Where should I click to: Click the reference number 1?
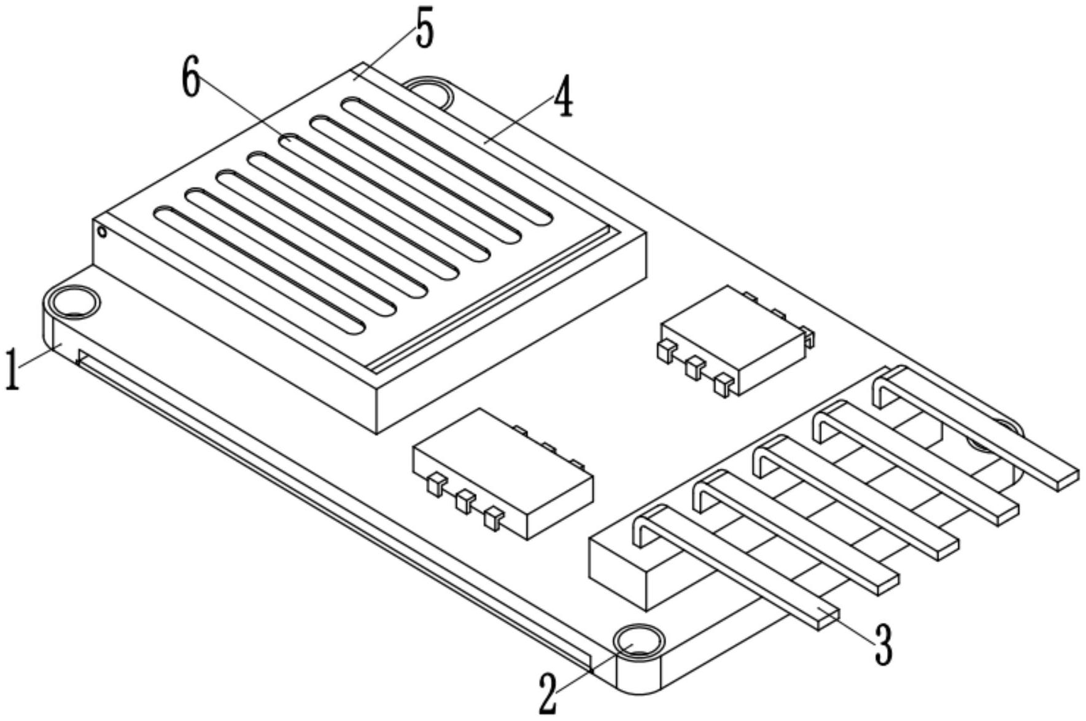pos(12,369)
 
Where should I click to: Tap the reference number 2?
pos(549,692)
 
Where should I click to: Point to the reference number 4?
pos(563,99)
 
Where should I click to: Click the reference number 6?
pos(192,80)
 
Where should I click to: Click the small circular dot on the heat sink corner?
pos(102,231)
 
